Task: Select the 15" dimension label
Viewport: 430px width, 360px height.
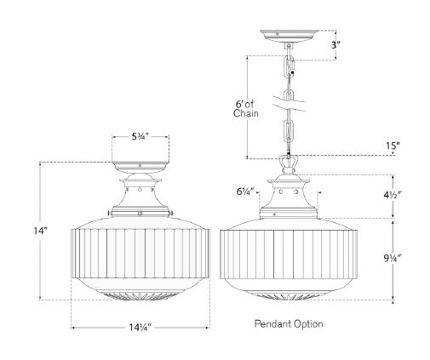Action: pos(393,146)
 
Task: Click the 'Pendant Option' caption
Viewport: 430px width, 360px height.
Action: pos(289,324)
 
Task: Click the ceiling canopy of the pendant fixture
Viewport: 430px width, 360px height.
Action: pos(290,36)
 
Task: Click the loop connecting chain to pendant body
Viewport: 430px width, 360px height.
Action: pos(290,161)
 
